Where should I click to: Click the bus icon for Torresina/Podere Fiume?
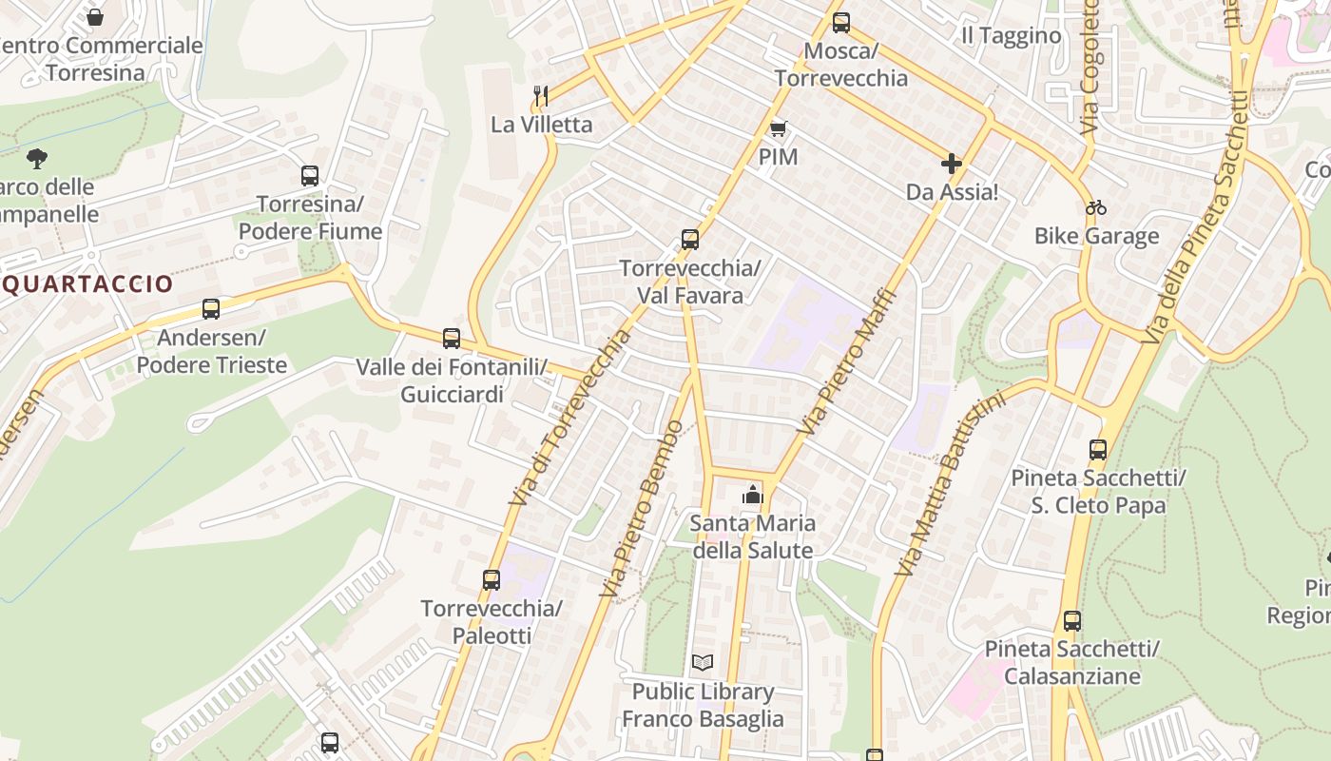coord(310,176)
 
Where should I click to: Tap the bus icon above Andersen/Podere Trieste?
coord(211,309)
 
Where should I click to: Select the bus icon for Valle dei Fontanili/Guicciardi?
coord(452,339)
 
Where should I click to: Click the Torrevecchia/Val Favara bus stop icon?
coord(690,240)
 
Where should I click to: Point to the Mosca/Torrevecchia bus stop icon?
coord(841,23)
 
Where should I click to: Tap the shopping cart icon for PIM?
coord(779,128)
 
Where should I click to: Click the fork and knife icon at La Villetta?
coord(541,95)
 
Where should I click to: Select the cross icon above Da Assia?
coord(951,165)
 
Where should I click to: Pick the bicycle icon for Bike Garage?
coord(1096,207)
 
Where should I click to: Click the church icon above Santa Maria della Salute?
coord(752,495)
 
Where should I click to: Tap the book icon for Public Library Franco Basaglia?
coord(703,662)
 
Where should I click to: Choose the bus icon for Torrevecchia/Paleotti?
coord(492,579)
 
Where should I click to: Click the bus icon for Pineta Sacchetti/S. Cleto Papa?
coord(1098,450)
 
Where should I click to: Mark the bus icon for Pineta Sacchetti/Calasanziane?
coord(1072,621)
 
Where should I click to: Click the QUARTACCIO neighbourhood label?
coord(87,283)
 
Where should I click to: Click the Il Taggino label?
coord(1011,36)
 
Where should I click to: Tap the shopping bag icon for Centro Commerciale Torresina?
coord(95,17)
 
